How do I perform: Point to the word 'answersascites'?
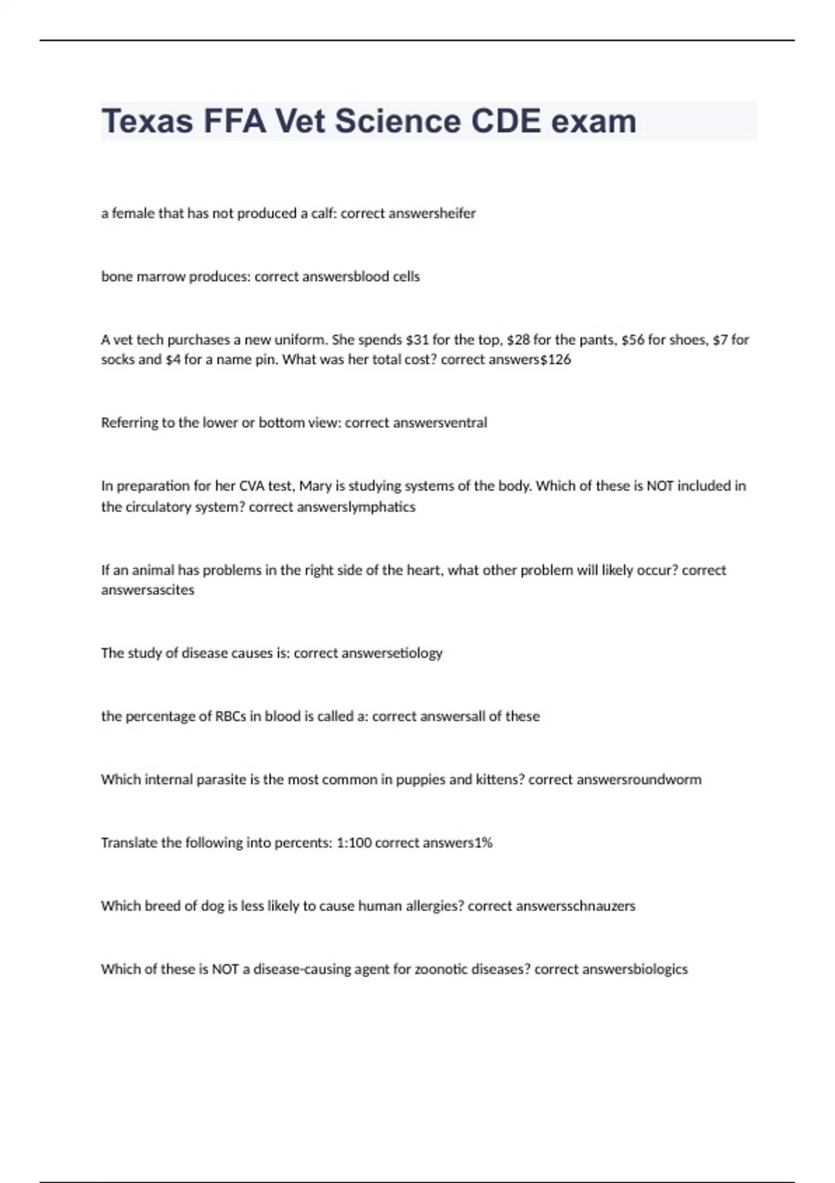pyautogui.click(x=148, y=590)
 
